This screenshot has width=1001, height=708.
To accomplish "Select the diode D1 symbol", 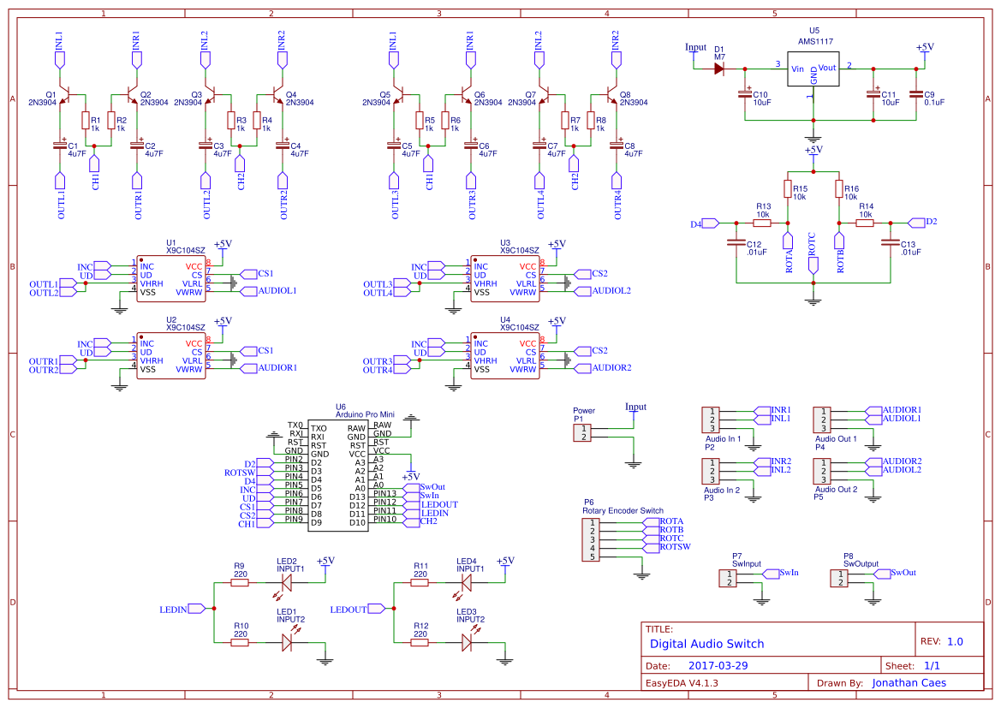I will click(x=719, y=68).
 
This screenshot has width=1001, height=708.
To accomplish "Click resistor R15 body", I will click(x=787, y=188).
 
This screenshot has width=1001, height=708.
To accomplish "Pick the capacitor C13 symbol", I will click(x=891, y=244).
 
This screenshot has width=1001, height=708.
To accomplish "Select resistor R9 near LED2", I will click(x=239, y=582).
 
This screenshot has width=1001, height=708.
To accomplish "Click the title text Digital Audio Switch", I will click(x=706, y=644).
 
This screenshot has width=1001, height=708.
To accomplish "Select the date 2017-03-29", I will click(x=718, y=665).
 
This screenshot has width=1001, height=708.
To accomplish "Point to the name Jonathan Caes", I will click(x=915, y=683).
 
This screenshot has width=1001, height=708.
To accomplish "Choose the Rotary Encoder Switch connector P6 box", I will click(x=591, y=538).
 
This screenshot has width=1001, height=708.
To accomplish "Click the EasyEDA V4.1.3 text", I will click(x=682, y=683).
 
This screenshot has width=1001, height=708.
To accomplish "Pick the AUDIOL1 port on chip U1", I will click(x=271, y=291).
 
